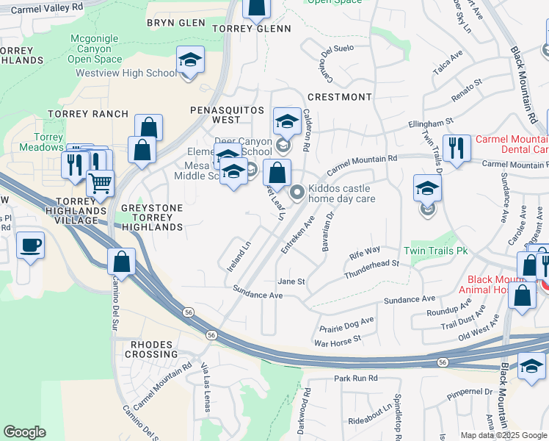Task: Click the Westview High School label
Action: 126,73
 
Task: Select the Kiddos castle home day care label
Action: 341,193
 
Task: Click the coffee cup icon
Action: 30,245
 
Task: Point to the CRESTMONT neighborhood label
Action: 340,97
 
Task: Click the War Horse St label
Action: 338,339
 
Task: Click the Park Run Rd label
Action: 355,378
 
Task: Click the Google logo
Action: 24,432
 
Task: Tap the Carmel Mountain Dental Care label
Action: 512,144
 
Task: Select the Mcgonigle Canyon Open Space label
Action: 96,49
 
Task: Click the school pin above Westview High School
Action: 190,59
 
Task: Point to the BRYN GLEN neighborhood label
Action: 175,23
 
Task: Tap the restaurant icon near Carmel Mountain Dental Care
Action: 457,148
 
